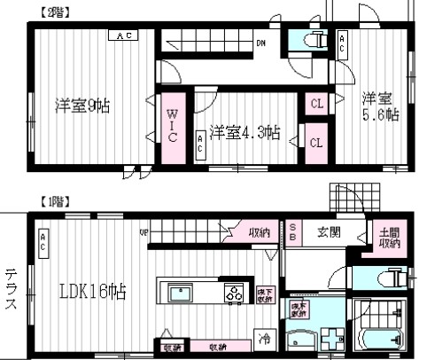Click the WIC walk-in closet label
[173, 125]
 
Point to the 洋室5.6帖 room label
[378, 106]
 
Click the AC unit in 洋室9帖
[121, 35]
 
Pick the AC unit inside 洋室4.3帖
[200, 144]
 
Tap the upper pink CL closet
[316, 104]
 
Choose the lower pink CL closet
[316, 141]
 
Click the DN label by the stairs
[261, 42]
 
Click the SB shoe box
[293, 232]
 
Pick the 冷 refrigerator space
[264, 338]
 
